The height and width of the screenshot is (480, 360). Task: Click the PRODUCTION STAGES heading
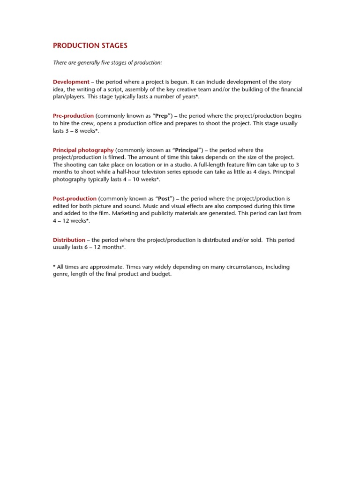[x=90, y=45]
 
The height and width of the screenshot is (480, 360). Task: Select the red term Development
[x=71, y=82]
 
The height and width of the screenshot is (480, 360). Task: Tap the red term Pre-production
[x=73, y=116]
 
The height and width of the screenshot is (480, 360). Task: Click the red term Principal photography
[x=83, y=150]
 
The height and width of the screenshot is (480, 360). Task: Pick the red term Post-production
[x=75, y=199]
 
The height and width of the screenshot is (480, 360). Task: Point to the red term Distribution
[x=69, y=240]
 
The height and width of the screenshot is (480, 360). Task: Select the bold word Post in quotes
[x=165, y=199]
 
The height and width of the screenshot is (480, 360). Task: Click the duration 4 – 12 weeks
[x=69, y=220]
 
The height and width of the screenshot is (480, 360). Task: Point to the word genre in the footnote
[x=60, y=274]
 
